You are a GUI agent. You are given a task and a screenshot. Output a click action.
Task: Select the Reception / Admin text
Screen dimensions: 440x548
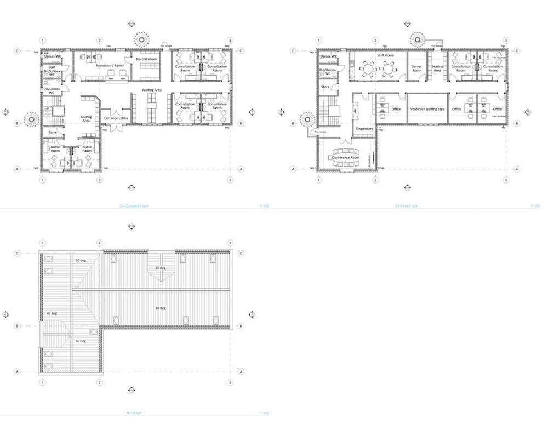tap(110, 65)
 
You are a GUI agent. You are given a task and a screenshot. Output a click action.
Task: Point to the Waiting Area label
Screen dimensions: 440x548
tap(151, 89)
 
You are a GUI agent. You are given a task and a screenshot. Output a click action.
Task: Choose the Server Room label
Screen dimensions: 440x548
tap(416, 68)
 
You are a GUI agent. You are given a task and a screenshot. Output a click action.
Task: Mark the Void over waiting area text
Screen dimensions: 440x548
tap(427, 109)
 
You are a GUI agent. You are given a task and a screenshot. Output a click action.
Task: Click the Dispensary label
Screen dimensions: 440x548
tap(364, 129)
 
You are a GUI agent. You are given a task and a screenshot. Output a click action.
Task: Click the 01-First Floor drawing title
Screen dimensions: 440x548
tap(406, 207)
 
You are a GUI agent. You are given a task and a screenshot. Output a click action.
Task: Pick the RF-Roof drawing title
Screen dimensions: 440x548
tap(134, 413)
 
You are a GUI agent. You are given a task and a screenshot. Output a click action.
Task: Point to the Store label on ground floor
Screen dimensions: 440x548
tap(53, 132)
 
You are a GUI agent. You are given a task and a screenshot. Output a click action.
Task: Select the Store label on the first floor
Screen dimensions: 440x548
tap(325, 86)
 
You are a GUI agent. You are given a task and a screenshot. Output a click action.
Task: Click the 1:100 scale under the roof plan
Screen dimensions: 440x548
tap(261, 413)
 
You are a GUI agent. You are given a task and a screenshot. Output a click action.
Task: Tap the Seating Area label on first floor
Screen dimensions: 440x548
tap(437, 68)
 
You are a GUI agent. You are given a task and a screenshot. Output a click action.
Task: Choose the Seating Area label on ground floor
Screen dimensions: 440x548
tap(87, 119)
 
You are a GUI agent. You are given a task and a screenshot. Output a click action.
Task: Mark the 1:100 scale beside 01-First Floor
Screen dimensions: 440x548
tap(535, 207)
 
